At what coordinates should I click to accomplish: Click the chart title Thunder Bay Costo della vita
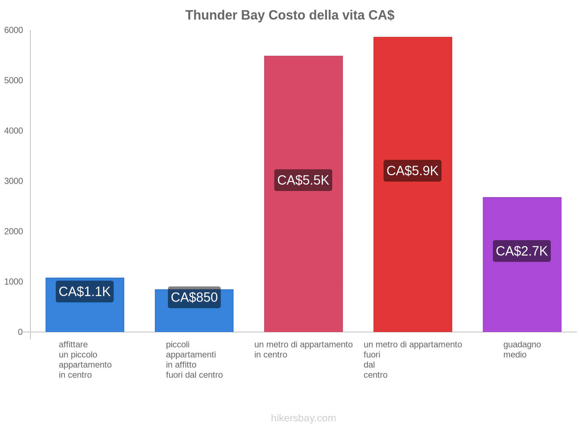289,15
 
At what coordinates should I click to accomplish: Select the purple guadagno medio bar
522,289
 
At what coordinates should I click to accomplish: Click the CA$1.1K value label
85,292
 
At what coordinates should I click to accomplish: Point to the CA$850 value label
194,297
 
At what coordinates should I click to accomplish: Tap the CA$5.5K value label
303,180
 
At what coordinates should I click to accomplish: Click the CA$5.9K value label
413,171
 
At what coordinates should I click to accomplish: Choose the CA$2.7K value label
522,251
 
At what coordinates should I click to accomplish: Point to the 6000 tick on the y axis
14,30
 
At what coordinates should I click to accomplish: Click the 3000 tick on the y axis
14,181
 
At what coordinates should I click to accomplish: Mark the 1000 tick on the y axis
14,282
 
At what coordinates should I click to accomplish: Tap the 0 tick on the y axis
20,332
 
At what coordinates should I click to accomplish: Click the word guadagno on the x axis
522,345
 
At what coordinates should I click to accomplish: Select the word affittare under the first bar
73,345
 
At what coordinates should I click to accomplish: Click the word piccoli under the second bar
178,345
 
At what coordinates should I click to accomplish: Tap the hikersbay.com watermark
303,418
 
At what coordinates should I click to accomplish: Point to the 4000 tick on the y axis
14,131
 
